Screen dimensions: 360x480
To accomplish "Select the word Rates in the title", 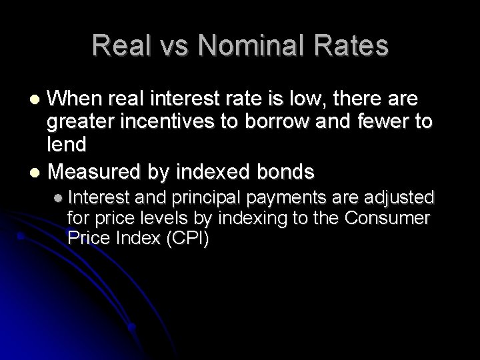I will point(351,45).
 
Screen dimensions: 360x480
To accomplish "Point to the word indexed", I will point(215,171).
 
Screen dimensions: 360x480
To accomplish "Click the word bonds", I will point(285,171).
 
